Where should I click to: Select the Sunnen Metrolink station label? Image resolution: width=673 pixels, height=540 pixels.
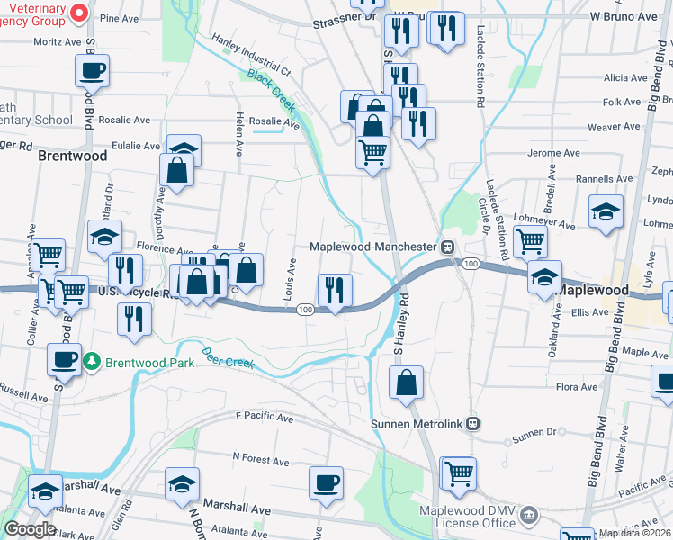[x=419, y=423]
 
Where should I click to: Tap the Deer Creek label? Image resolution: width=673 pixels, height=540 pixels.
[x=229, y=357]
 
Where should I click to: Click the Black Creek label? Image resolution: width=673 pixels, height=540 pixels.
[x=272, y=91]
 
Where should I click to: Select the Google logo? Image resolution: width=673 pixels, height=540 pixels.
[x=30, y=529]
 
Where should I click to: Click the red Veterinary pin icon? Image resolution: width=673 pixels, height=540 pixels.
[x=77, y=12]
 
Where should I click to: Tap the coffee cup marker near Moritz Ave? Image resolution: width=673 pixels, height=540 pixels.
[x=92, y=70]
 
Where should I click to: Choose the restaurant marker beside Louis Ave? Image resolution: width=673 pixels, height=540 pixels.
[x=335, y=290]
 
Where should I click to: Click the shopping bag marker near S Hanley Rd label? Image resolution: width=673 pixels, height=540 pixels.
[x=407, y=382]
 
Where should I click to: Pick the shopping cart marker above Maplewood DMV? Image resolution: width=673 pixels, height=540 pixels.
[x=458, y=472]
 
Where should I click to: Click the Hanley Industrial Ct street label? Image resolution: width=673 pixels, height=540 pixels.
[x=251, y=56]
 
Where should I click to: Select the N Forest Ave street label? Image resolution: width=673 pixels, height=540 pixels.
[x=260, y=459]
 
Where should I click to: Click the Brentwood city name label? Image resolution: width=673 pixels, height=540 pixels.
[x=72, y=156]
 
